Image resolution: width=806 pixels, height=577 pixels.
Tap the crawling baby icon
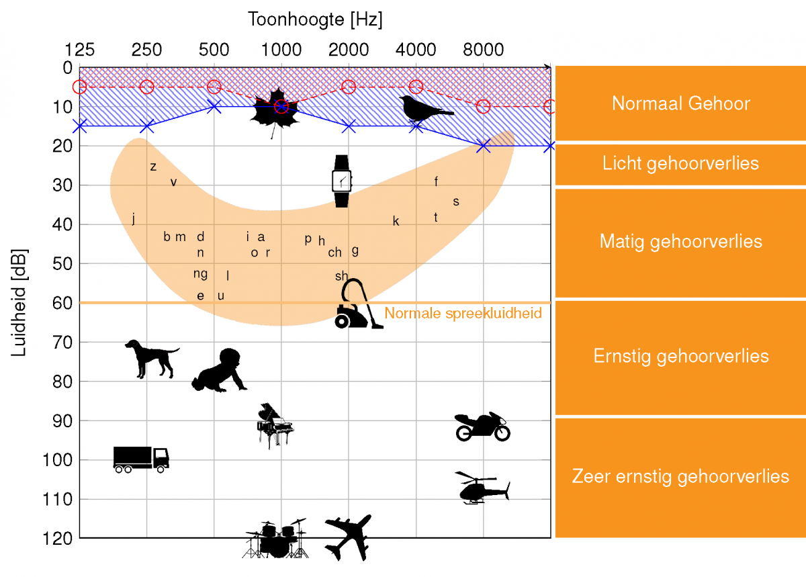[220, 371]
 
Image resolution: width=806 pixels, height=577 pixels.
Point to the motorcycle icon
[482, 427]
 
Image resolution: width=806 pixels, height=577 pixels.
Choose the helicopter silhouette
[482, 488]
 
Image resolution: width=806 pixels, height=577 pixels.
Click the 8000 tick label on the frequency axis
[484, 50]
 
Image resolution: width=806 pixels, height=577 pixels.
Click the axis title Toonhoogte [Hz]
[316, 19]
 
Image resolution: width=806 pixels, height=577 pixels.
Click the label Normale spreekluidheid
[463, 313]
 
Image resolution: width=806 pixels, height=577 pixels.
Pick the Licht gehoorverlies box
[680, 164]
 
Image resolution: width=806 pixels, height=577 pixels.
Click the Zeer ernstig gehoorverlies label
[680, 477]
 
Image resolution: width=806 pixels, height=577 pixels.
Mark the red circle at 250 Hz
[147, 87]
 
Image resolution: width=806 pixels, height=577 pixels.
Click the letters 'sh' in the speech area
[342, 276]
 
